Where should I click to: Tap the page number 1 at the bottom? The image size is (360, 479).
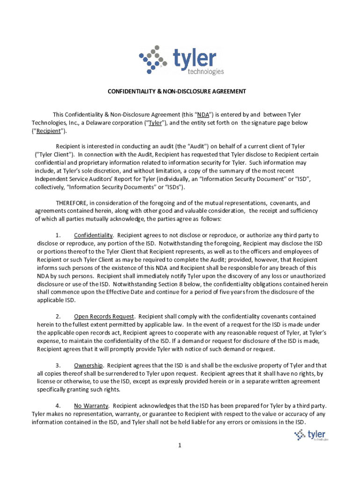pyautogui.click(x=179, y=445)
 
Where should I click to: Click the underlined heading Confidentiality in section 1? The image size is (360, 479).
pyautogui.click(x=94, y=235)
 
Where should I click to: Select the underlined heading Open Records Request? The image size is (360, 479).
pyautogui.click(x=104, y=317)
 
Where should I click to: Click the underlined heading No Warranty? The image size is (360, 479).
pyautogui.click(x=91, y=406)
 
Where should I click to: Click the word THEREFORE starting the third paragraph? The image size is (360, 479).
pyautogui.click(x=72, y=203)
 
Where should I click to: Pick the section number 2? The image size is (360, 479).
pyautogui.click(x=58, y=317)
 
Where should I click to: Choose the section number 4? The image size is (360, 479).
pyautogui.click(x=58, y=406)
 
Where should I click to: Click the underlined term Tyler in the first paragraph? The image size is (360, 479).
pyautogui.click(x=155, y=123)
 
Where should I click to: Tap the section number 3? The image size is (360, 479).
pyautogui.click(x=58, y=365)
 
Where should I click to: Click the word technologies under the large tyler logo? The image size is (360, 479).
pyautogui.click(x=205, y=72)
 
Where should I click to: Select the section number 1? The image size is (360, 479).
pyautogui.click(x=58, y=235)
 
